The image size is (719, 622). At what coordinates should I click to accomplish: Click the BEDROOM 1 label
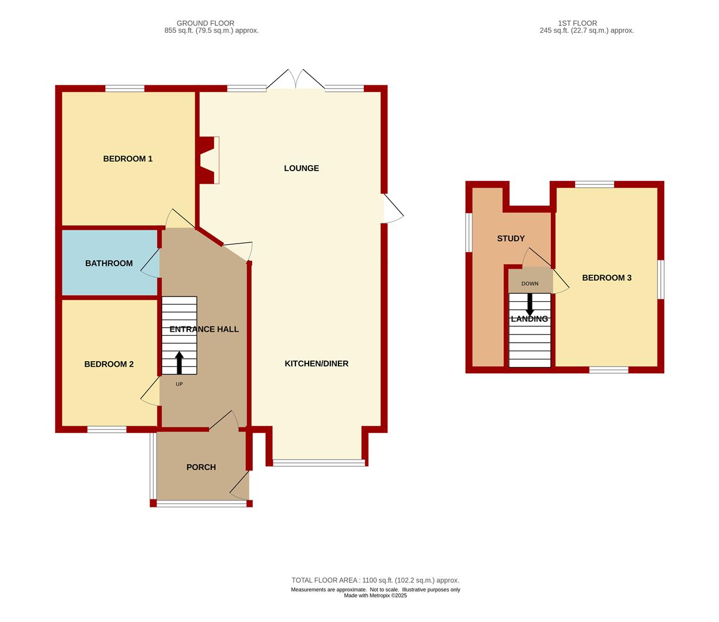(128, 159)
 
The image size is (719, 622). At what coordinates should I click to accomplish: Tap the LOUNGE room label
(301, 168)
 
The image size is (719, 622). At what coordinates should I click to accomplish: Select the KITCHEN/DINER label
(316, 363)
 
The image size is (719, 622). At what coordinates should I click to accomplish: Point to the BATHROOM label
(109, 263)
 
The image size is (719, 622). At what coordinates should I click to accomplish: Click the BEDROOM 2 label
(109, 364)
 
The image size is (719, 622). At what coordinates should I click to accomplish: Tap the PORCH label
(201, 467)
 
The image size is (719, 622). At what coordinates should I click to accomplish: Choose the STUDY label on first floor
(511, 238)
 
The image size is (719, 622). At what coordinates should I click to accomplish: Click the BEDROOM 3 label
(607, 278)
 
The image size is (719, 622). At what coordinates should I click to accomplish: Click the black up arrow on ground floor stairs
(179, 363)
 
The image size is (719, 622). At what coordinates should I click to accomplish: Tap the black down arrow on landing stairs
(530, 305)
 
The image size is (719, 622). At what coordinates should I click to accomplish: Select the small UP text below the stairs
(179, 384)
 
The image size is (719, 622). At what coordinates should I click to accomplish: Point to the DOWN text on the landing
(530, 284)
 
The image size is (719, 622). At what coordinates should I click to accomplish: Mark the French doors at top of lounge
(296, 79)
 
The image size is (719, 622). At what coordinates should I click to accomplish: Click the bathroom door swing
(150, 263)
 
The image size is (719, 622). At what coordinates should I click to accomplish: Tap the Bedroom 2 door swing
(150, 392)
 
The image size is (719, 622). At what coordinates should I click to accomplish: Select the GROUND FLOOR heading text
(206, 23)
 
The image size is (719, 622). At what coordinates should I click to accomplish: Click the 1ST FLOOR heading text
(577, 23)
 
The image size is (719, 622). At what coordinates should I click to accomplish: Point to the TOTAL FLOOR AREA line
(375, 580)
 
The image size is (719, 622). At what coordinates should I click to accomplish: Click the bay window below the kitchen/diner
(319, 462)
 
